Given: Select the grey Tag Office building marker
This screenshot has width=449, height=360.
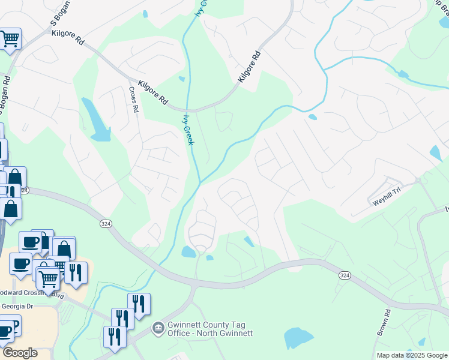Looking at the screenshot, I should [158, 328].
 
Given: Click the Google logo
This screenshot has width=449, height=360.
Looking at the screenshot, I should [20, 353].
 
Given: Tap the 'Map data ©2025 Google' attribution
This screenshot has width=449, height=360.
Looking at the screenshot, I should [411, 355].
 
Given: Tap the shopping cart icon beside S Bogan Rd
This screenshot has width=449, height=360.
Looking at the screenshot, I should [10, 40].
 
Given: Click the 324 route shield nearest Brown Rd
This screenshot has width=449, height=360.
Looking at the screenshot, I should [344, 275].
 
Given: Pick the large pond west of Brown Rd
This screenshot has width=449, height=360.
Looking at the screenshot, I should [299, 338].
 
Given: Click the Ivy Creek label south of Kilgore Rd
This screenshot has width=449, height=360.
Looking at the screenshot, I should [188, 129].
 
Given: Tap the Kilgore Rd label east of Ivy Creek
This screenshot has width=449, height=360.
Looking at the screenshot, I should [250, 66].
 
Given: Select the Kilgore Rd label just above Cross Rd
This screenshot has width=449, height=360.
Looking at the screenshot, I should [152, 93].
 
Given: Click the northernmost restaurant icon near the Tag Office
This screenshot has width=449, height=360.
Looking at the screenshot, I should [139, 304].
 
